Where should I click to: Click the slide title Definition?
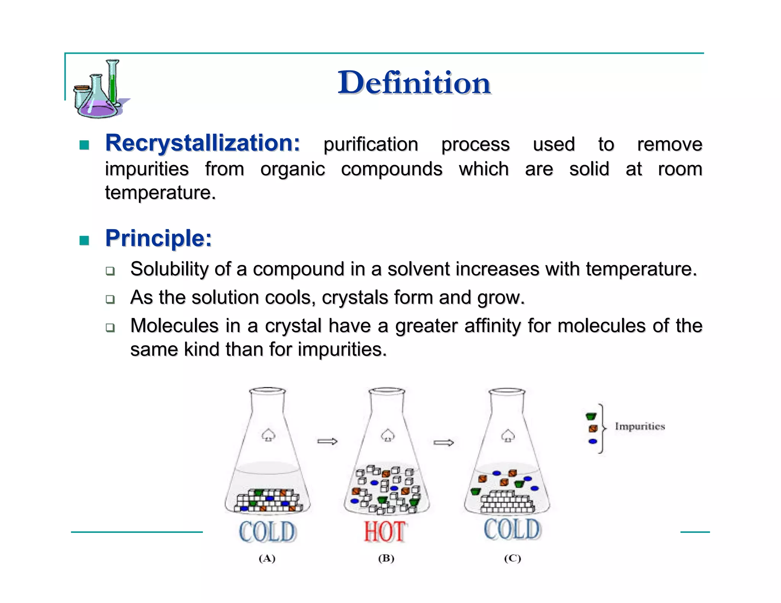click(x=414, y=83)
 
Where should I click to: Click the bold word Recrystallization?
click(x=202, y=143)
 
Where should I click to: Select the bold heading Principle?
click(x=158, y=238)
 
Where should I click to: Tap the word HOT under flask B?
click(x=384, y=532)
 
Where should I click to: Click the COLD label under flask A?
click(x=267, y=532)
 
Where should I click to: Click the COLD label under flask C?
click(x=512, y=529)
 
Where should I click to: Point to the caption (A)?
click(x=267, y=558)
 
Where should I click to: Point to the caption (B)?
click(x=386, y=558)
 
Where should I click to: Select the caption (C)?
click(x=512, y=558)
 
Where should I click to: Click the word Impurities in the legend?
click(x=640, y=426)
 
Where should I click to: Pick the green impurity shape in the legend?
click(x=591, y=416)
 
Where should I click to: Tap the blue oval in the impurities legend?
click(x=593, y=441)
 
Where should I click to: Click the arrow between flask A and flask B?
click(x=327, y=441)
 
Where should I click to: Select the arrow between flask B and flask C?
click(x=444, y=443)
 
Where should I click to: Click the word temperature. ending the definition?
click(x=161, y=192)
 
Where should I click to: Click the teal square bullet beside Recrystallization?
click(x=84, y=145)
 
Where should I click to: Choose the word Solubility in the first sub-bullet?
click(x=169, y=269)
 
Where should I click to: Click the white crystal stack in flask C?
click(x=506, y=502)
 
